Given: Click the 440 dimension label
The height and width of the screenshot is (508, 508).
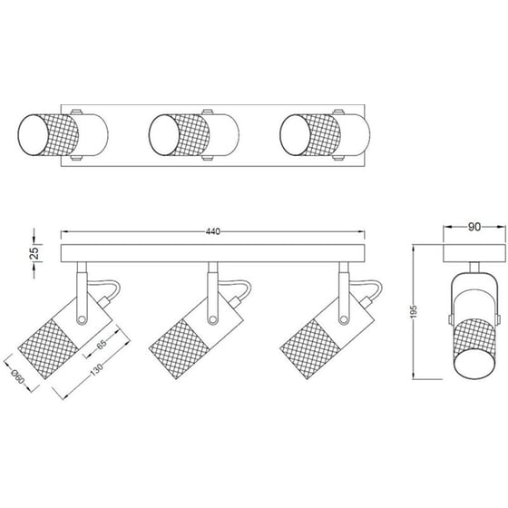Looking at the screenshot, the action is coord(213,231).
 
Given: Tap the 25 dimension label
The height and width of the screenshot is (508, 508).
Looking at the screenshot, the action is coord(34,253).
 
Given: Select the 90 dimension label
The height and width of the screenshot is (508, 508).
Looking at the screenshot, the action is coord(474,227).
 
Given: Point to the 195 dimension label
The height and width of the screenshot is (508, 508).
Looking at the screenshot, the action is coord(414,311).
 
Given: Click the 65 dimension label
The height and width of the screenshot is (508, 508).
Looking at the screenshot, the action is coord(102,345).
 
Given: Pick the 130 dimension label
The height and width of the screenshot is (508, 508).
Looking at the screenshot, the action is coord(96,369).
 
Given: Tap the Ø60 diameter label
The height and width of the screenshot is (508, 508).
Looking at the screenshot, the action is coord(17,377).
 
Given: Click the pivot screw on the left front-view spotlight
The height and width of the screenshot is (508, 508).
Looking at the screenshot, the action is coord(82,320).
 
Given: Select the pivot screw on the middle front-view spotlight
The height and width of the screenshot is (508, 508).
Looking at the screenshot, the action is coord(212,320).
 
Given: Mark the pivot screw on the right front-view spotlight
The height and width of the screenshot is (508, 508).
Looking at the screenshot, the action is coord(344,320).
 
